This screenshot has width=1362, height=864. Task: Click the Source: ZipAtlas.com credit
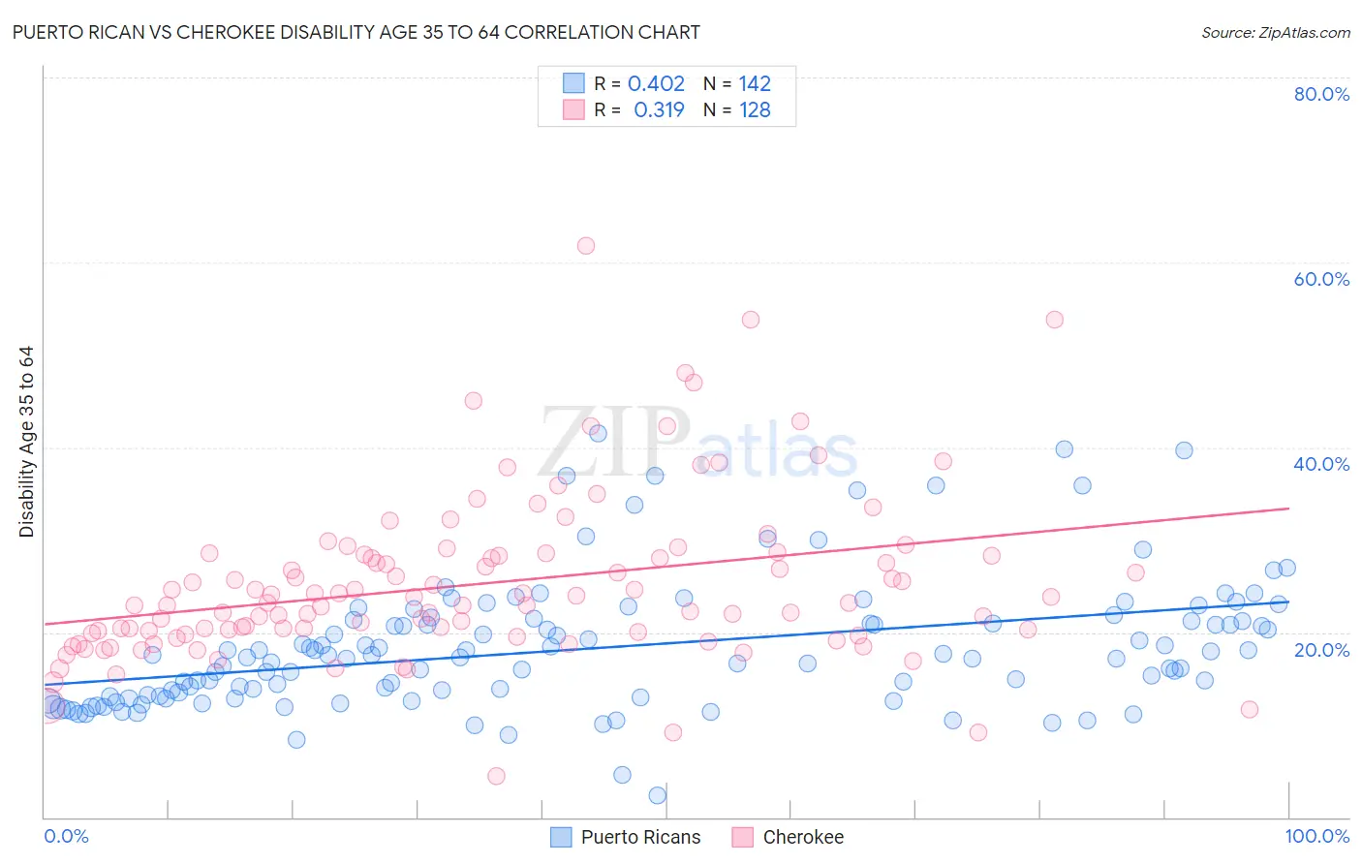1275,33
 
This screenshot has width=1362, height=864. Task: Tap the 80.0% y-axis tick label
1320,94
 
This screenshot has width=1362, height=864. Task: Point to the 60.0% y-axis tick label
1320,279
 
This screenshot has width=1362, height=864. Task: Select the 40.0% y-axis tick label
1320,464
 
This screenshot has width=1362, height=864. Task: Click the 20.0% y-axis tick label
1320,649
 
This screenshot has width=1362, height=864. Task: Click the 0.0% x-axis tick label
66,836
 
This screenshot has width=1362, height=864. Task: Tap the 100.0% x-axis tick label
1316,836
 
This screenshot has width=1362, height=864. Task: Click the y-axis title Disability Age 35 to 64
27,442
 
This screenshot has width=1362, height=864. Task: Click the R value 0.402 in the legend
656,84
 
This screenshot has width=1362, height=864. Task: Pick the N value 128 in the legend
755,110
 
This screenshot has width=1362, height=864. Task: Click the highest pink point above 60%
585,246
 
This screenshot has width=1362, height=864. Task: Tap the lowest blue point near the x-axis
657,795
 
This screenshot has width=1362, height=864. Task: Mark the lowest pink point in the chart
496,776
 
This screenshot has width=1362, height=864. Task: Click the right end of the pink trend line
1288,508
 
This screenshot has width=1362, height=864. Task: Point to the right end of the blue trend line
1288,601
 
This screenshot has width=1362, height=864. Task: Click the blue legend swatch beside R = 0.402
573,84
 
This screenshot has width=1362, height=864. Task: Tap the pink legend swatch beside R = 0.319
573,110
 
